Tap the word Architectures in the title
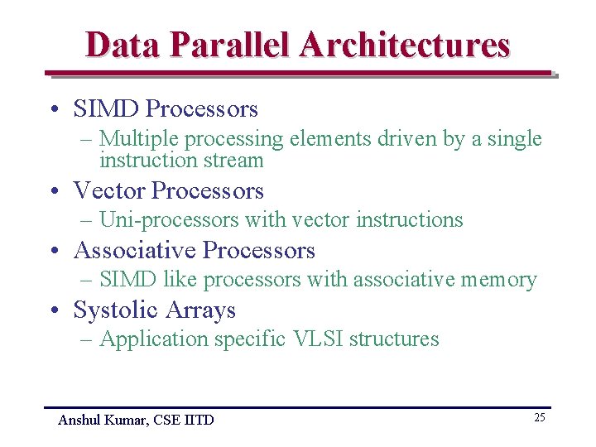click(x=406, y=45)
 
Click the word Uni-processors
click(x=168, y=220)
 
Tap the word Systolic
click(x=115, y=310)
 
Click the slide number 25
click(x=539, y=417)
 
